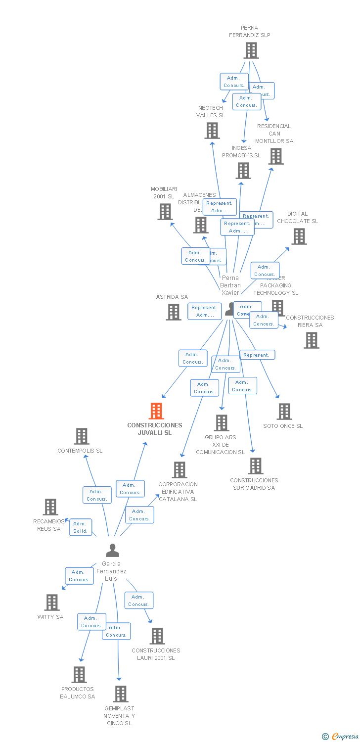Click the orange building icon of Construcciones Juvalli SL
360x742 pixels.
point(156,411)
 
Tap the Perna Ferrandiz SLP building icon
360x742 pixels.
point(251,50)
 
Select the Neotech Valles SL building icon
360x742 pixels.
point(212,131)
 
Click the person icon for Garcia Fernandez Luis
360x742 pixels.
point(113,550)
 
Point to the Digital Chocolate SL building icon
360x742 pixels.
point(299,236)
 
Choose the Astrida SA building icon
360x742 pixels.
point(174,312)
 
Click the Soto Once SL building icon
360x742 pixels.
point(284,412)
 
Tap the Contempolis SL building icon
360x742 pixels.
point(82,436)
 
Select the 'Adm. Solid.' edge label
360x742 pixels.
point(80,527)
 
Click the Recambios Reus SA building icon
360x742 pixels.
point(50,507)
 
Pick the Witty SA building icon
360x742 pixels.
point(52,603)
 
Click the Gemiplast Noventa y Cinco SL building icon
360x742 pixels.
point(121,694)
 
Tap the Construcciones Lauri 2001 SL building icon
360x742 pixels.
point(157,636)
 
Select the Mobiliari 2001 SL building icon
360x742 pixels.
point(165,212)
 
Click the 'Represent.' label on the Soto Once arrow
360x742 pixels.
point(257,355)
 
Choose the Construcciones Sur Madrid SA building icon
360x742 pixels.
point(256,466)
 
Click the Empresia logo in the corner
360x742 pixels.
point(340,736)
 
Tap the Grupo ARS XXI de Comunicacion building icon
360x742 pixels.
point(222,423)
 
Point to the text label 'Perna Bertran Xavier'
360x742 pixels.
point(230,285)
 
